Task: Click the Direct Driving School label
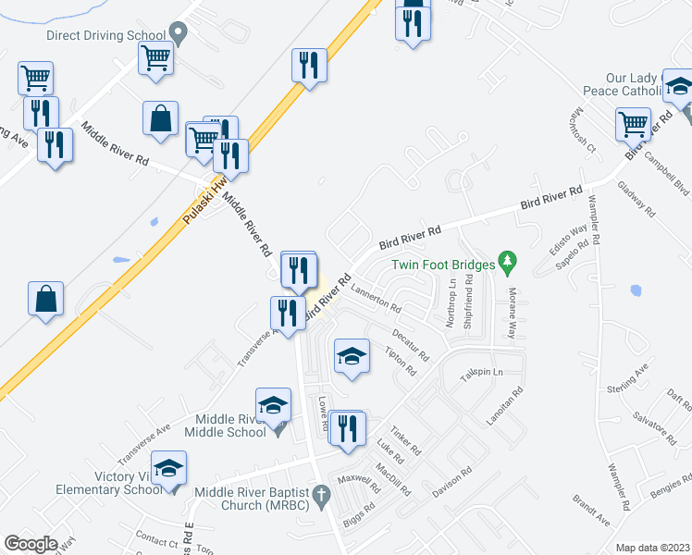point(106,34)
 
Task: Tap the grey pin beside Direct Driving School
point(180,33)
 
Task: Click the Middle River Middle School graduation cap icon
point(273,405)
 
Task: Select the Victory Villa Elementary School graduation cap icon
point(168,468)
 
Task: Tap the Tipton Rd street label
point(400,360)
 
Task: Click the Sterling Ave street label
point(629,378)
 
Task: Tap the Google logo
point(31,543)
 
